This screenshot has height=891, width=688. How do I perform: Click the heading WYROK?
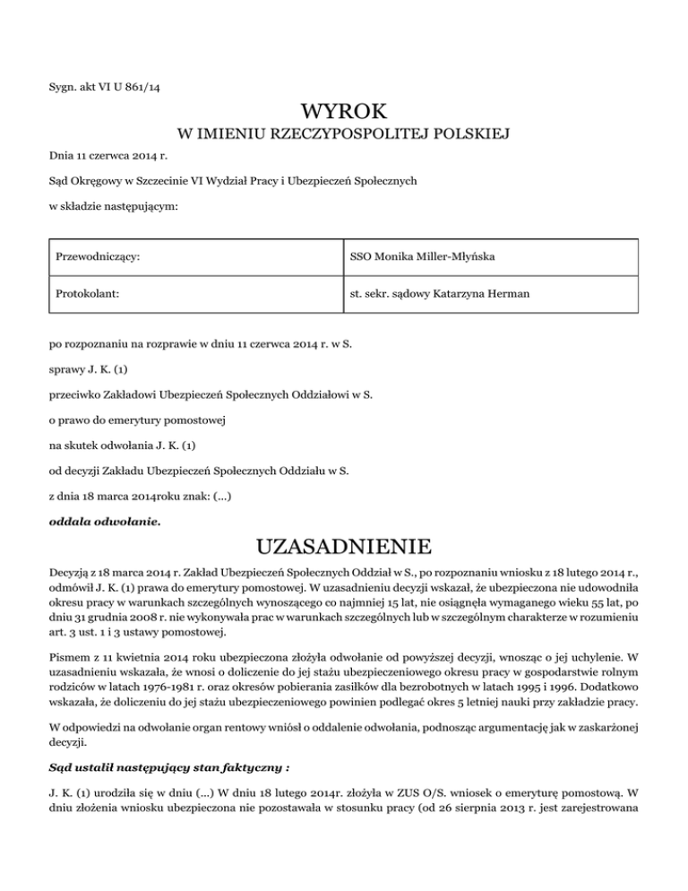point(344,112)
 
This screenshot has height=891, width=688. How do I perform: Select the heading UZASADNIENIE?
point(344,546)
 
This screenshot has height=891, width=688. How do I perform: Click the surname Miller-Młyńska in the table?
point(450,259)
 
